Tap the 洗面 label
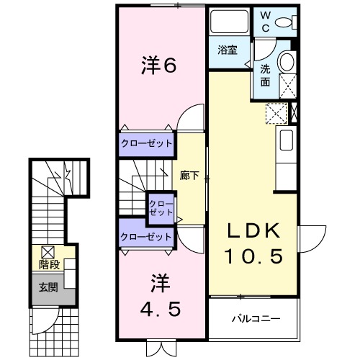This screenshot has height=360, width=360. point(265,74)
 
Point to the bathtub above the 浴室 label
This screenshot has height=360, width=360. point(229,24)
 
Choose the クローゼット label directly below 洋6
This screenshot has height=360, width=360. point(147,143)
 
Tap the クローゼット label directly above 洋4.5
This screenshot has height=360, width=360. point(147,236)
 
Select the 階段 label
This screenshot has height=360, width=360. point(48,265)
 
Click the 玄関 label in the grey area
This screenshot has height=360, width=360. point(48,287)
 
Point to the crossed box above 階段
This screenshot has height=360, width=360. point(48,251)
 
